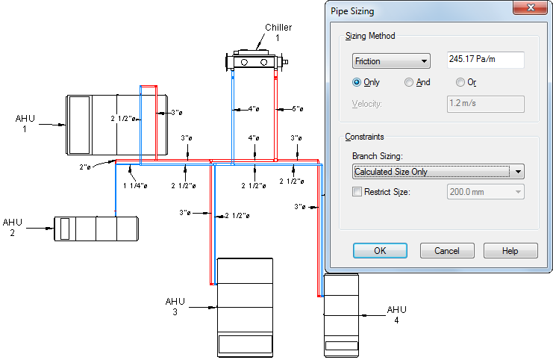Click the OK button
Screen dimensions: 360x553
[379, 251]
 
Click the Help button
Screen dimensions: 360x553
[510, 251]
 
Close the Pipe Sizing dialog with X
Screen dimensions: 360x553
[530, 8]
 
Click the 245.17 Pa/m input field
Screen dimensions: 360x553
[484, 60]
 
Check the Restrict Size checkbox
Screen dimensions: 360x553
[357, 191]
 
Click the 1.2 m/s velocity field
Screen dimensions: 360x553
[484, 104]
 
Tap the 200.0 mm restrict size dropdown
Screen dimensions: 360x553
[484, 192]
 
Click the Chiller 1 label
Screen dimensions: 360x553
[278, 33]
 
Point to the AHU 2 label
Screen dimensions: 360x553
[13, 228]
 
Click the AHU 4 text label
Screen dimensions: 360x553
[396, 314]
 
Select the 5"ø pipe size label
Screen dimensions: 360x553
[296, 109]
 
